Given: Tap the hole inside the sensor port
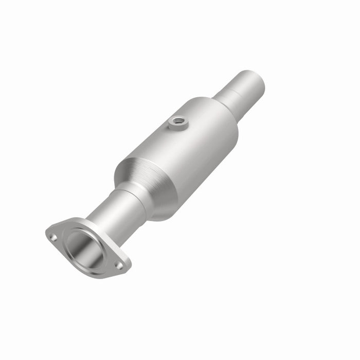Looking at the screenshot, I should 178,121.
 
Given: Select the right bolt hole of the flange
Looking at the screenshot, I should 119,265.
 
